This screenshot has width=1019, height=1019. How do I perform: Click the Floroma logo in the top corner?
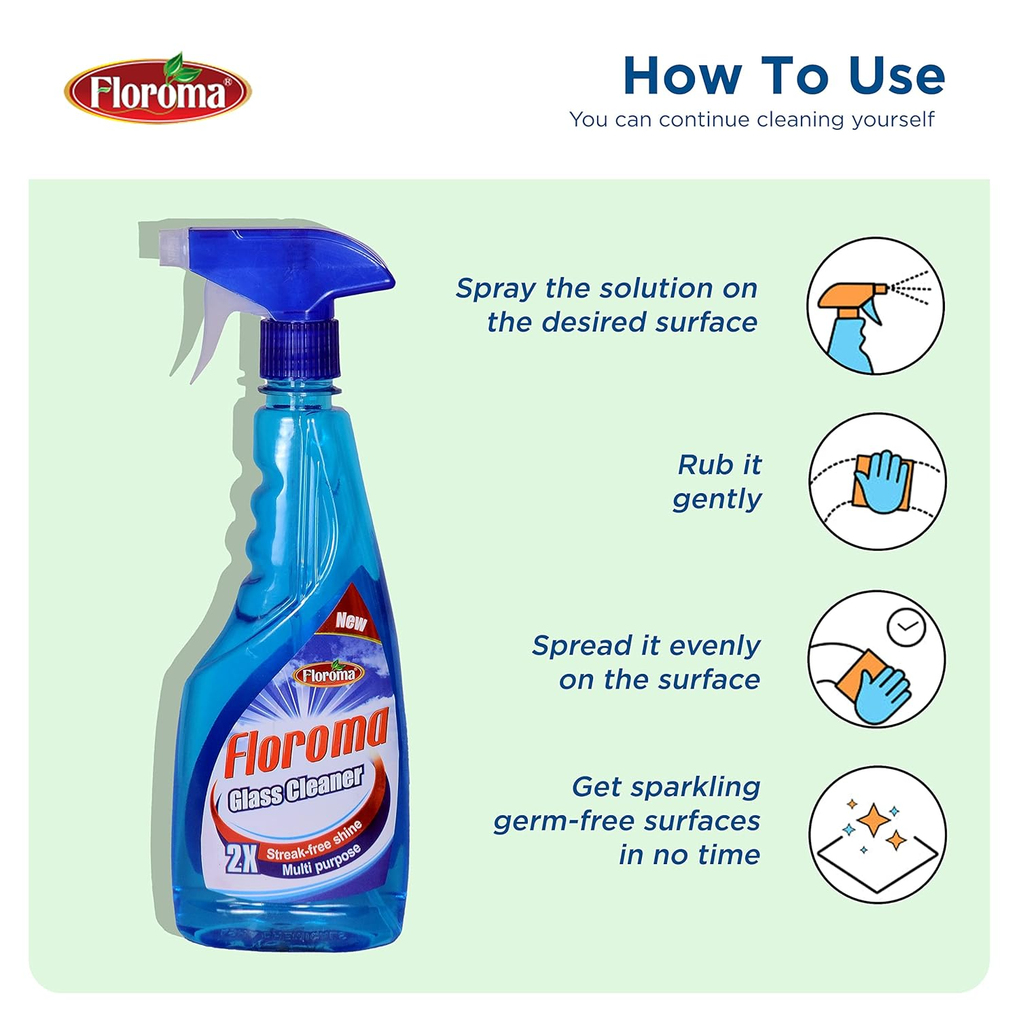pyautogui.click(x=158, y=90)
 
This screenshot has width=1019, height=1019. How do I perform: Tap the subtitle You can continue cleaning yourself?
pyautogui.click(x=752, y=120)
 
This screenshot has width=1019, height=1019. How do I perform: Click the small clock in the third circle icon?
pyautogui.click(x=906, y=627)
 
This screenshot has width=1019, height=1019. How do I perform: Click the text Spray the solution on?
pyautogui.click(x=607, y=288)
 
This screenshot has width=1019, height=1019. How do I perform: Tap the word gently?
pyautogui.click(x=717, y=499)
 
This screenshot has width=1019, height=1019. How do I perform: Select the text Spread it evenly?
pyautogui.click(x=646, y=645)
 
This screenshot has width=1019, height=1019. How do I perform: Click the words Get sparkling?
pyautogui.click(x=666, y=787)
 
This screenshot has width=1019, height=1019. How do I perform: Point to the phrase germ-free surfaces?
pyautogui.click(x=626, y=821)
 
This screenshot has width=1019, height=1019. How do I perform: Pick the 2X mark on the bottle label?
pyautogui.click(x=241, y=860)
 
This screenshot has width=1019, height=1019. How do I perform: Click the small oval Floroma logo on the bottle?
pyautogui.click(x=329, y=673)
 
